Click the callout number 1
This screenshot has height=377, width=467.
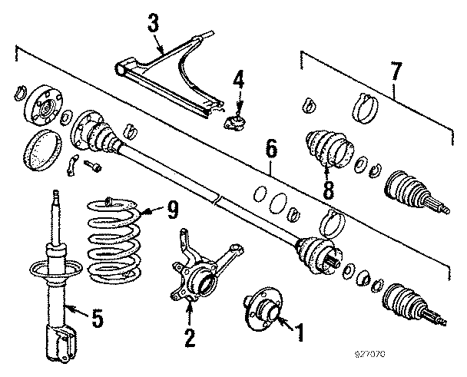(x=299, y=332)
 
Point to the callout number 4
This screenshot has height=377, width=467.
(x=238, y=78)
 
